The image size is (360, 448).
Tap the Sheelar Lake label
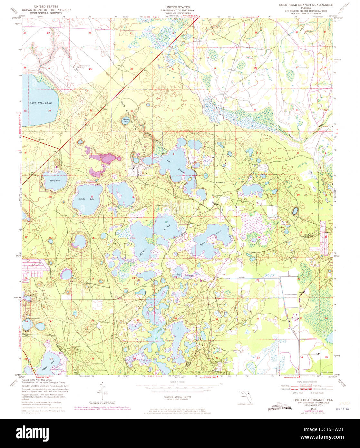click(126, 120)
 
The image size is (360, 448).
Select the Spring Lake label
click(55, 180)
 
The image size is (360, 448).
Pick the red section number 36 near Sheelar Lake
click(131, 111)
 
